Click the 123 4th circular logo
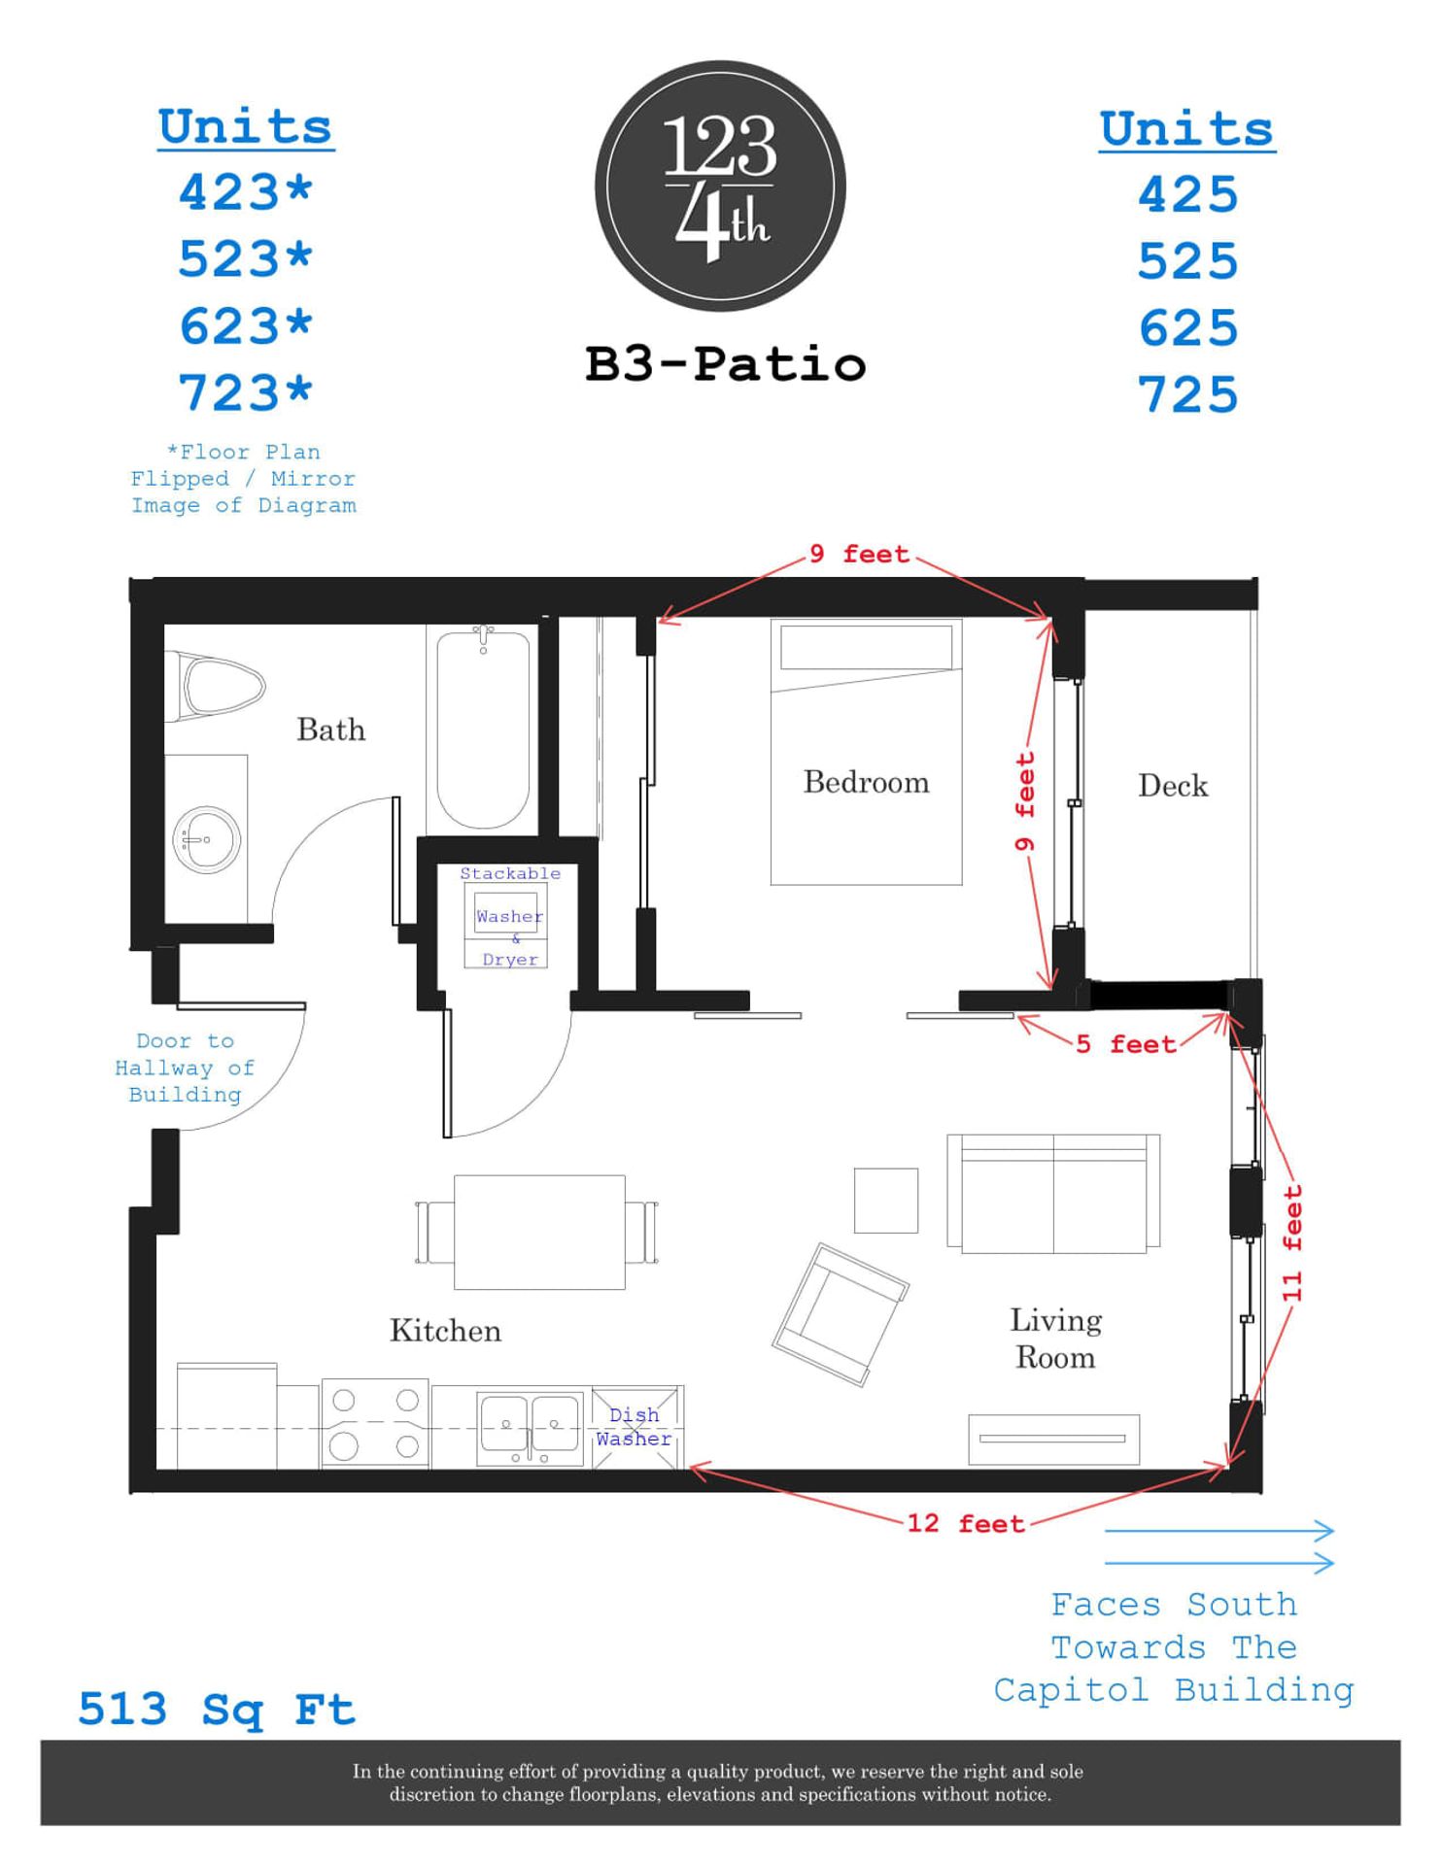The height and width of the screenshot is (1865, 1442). [720, 186]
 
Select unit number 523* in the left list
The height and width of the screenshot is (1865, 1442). [245, 259]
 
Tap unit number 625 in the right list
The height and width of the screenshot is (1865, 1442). [1187, 328]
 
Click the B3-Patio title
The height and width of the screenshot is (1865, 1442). [725, 364]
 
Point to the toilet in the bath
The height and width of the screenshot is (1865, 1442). [219, 688]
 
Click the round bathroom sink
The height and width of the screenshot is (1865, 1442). [206, 839]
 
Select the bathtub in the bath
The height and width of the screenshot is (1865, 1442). [483, 729]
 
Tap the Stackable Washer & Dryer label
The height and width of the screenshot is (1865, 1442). [510, 916]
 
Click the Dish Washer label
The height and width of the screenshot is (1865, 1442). [634, 1427]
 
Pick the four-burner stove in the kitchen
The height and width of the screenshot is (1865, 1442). [375, 1424]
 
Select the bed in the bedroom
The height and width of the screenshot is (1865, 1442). [866, 753]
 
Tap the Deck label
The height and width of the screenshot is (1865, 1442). [1173, 786]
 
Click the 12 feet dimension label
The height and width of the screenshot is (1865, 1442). [966, 1523]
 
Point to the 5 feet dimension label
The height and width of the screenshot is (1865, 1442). [1125, 1044]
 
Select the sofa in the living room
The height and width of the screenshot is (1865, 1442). [1053, 1193]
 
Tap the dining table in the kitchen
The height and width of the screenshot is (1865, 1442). [539, 1232]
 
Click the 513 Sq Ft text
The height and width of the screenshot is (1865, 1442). [217, 1710]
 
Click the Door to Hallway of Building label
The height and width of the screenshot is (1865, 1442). [185, 1068]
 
